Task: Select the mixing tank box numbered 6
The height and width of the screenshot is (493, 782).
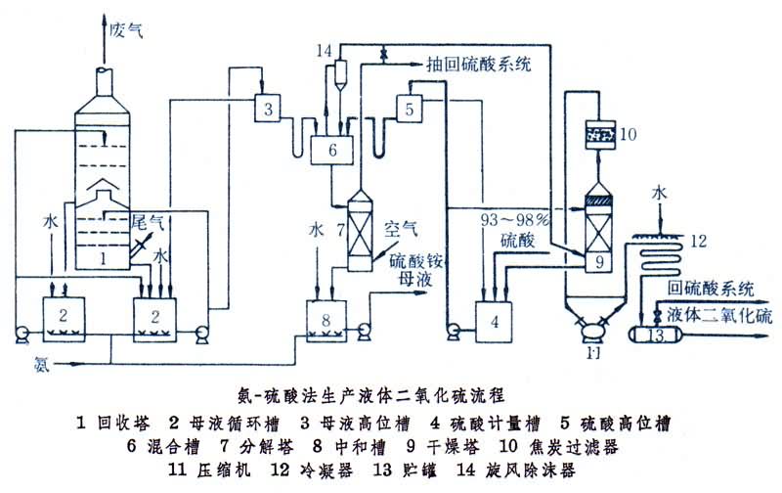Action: click(x=332, y=150)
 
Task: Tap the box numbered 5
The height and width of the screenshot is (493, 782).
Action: click(x=411, y=104)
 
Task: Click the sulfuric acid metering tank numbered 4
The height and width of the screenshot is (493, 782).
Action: click(x=495, y=321)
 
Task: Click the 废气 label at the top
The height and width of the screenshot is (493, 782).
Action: click(x=126, y=30)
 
